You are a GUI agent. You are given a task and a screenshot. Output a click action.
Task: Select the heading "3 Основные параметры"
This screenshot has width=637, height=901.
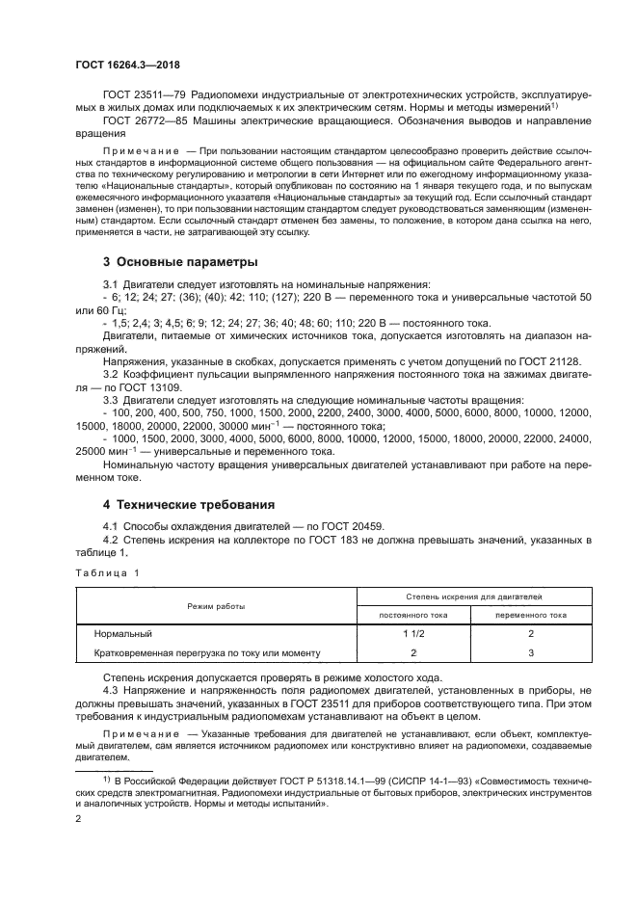coord(180,262)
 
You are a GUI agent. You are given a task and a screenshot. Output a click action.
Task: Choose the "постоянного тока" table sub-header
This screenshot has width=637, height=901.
coord(413,614)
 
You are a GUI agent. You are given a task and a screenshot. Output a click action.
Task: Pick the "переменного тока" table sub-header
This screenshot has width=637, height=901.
coord(531,614)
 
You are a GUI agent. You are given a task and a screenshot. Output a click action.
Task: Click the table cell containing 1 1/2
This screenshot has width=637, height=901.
coord(413,634)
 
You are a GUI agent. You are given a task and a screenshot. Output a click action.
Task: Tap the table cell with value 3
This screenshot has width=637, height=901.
coord(531,652)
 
